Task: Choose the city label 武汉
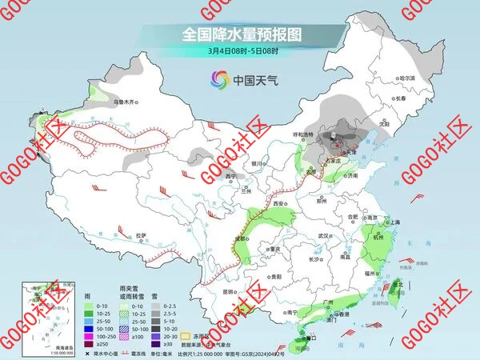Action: click(x=323, y=236)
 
